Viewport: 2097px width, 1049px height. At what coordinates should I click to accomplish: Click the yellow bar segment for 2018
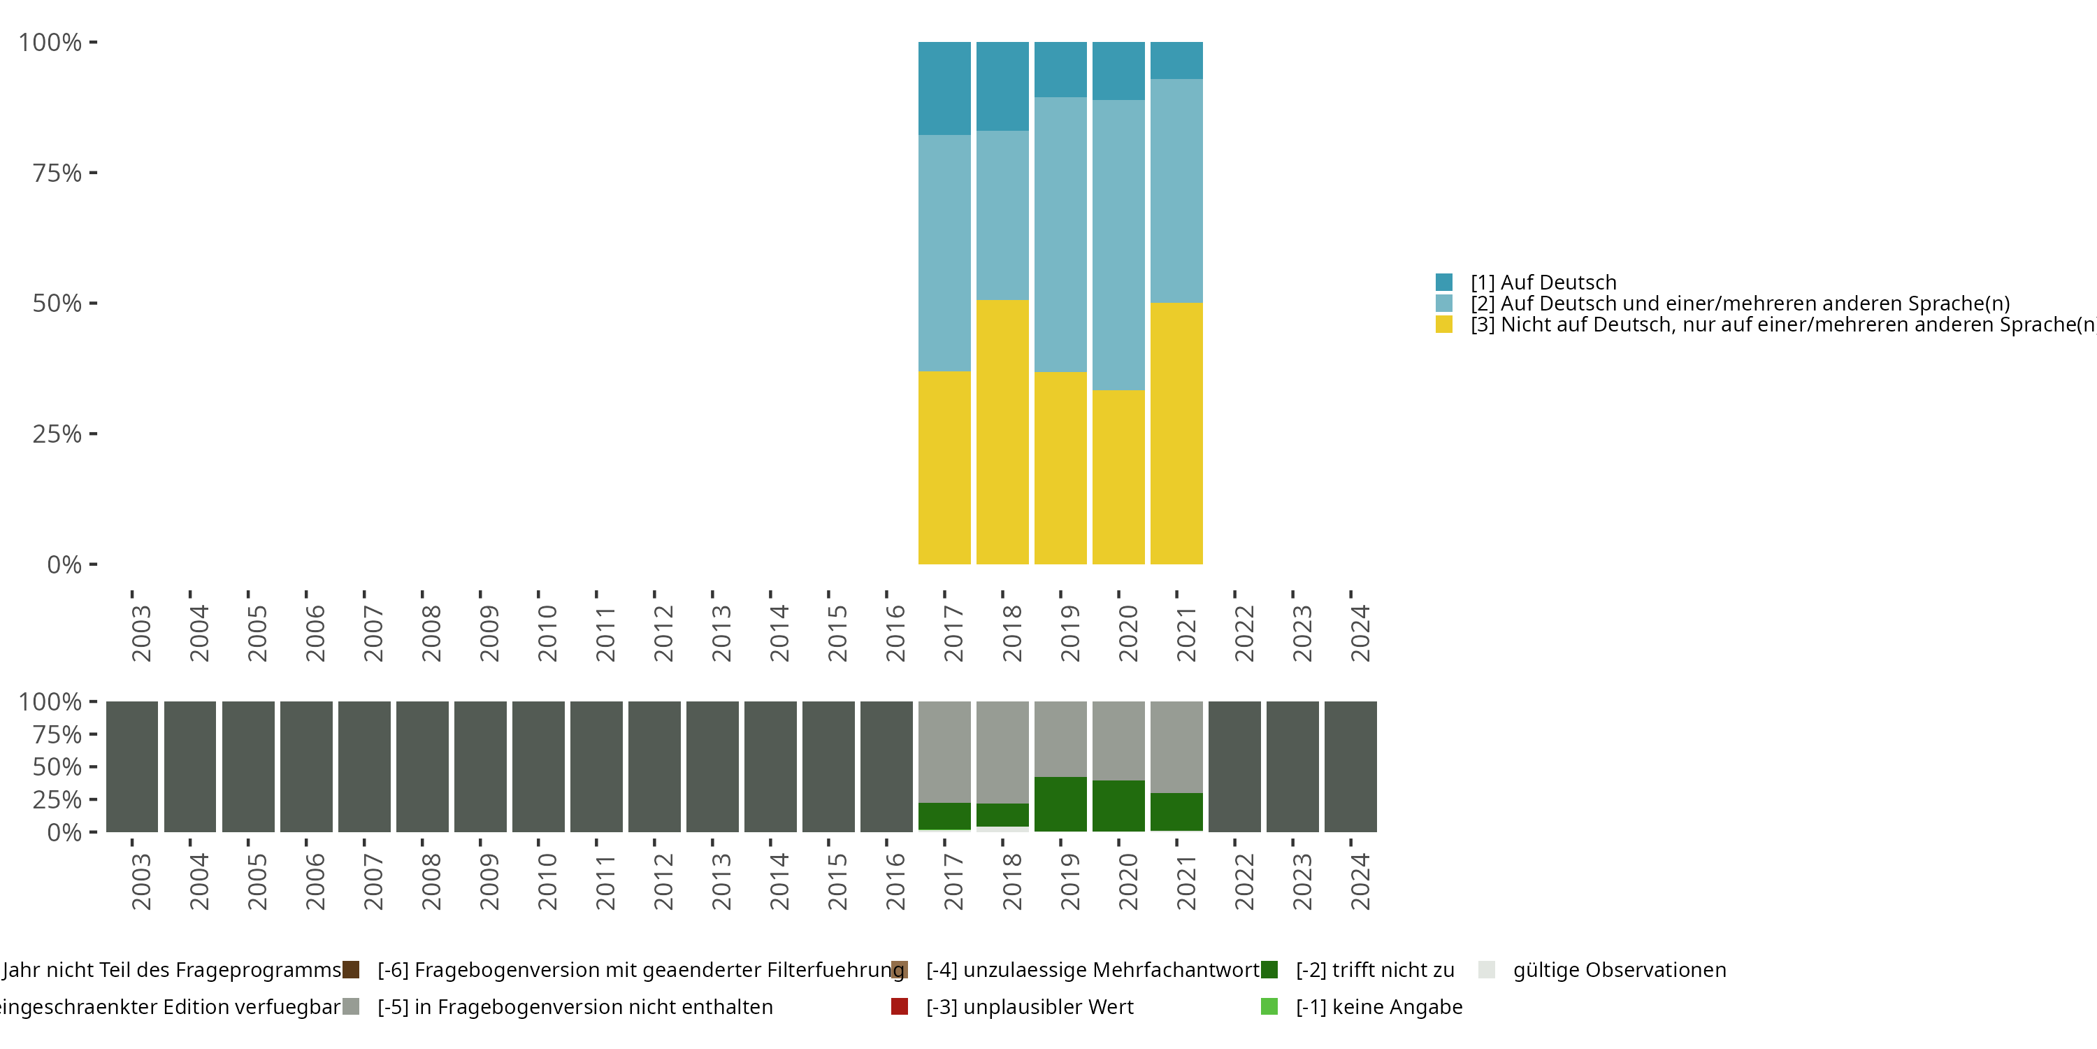pos(1002,431)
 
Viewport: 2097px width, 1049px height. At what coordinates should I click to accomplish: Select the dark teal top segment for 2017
pos(944,88)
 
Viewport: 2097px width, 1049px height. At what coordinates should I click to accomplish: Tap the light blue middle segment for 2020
pos(1118,244)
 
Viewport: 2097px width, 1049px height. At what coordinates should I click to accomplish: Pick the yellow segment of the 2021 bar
pos(1176,434)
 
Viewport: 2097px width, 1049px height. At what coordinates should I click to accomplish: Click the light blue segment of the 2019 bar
pos(1060,234)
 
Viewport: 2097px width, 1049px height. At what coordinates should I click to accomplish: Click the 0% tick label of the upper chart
pos(64,564)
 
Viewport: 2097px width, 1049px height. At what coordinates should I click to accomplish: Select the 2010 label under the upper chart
pos(547,633)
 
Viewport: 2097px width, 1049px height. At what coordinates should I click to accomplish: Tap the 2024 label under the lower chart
pos(1360,881)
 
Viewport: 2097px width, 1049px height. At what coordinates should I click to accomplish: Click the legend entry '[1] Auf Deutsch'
pos(1543,283)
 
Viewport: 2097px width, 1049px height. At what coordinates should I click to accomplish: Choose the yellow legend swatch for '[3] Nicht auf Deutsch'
pos(1444,325)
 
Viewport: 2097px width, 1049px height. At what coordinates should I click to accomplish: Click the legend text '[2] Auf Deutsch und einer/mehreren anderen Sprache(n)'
pos(1740,304)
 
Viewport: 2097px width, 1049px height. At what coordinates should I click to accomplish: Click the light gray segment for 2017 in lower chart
pos(944,752)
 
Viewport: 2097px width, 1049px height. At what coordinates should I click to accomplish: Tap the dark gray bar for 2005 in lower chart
pos(248,766)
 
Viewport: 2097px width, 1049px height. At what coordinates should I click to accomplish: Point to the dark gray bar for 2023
pos(1292,766)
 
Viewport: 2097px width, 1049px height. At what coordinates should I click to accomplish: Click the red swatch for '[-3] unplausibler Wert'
pos(900,1006)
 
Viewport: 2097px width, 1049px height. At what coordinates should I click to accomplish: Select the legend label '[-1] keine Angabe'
pos(1378,1006)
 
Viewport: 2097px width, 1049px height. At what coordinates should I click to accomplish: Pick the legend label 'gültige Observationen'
pos(1618,970)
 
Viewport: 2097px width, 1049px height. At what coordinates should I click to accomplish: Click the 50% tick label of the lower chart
pos(57,766)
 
